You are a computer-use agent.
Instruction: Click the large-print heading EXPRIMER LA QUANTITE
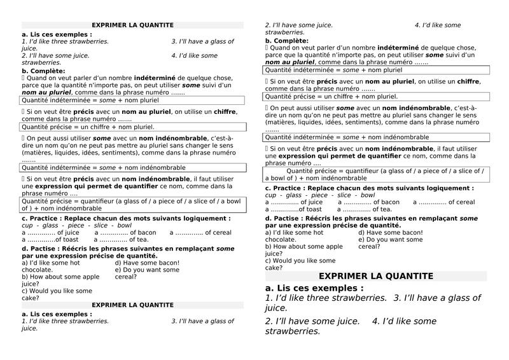pyautogui.click(x=375, y=276)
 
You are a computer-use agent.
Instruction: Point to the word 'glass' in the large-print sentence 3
pyautogui.click(x=468, y=298)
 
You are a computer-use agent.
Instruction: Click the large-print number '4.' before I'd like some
pyautogui.click(x=376, y=321)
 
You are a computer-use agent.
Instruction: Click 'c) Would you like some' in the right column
pyautogui.click(x=300, y=261)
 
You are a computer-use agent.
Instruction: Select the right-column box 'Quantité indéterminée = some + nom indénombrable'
pyautogui.click(x=347, y=137)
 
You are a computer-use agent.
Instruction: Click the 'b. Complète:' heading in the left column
pyautogui.click(x=43, y=71)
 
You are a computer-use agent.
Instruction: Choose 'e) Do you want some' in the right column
pyautogui.click(x=390, y=240)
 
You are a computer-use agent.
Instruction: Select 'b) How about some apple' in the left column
pyautogui.click(x=60, y=277)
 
